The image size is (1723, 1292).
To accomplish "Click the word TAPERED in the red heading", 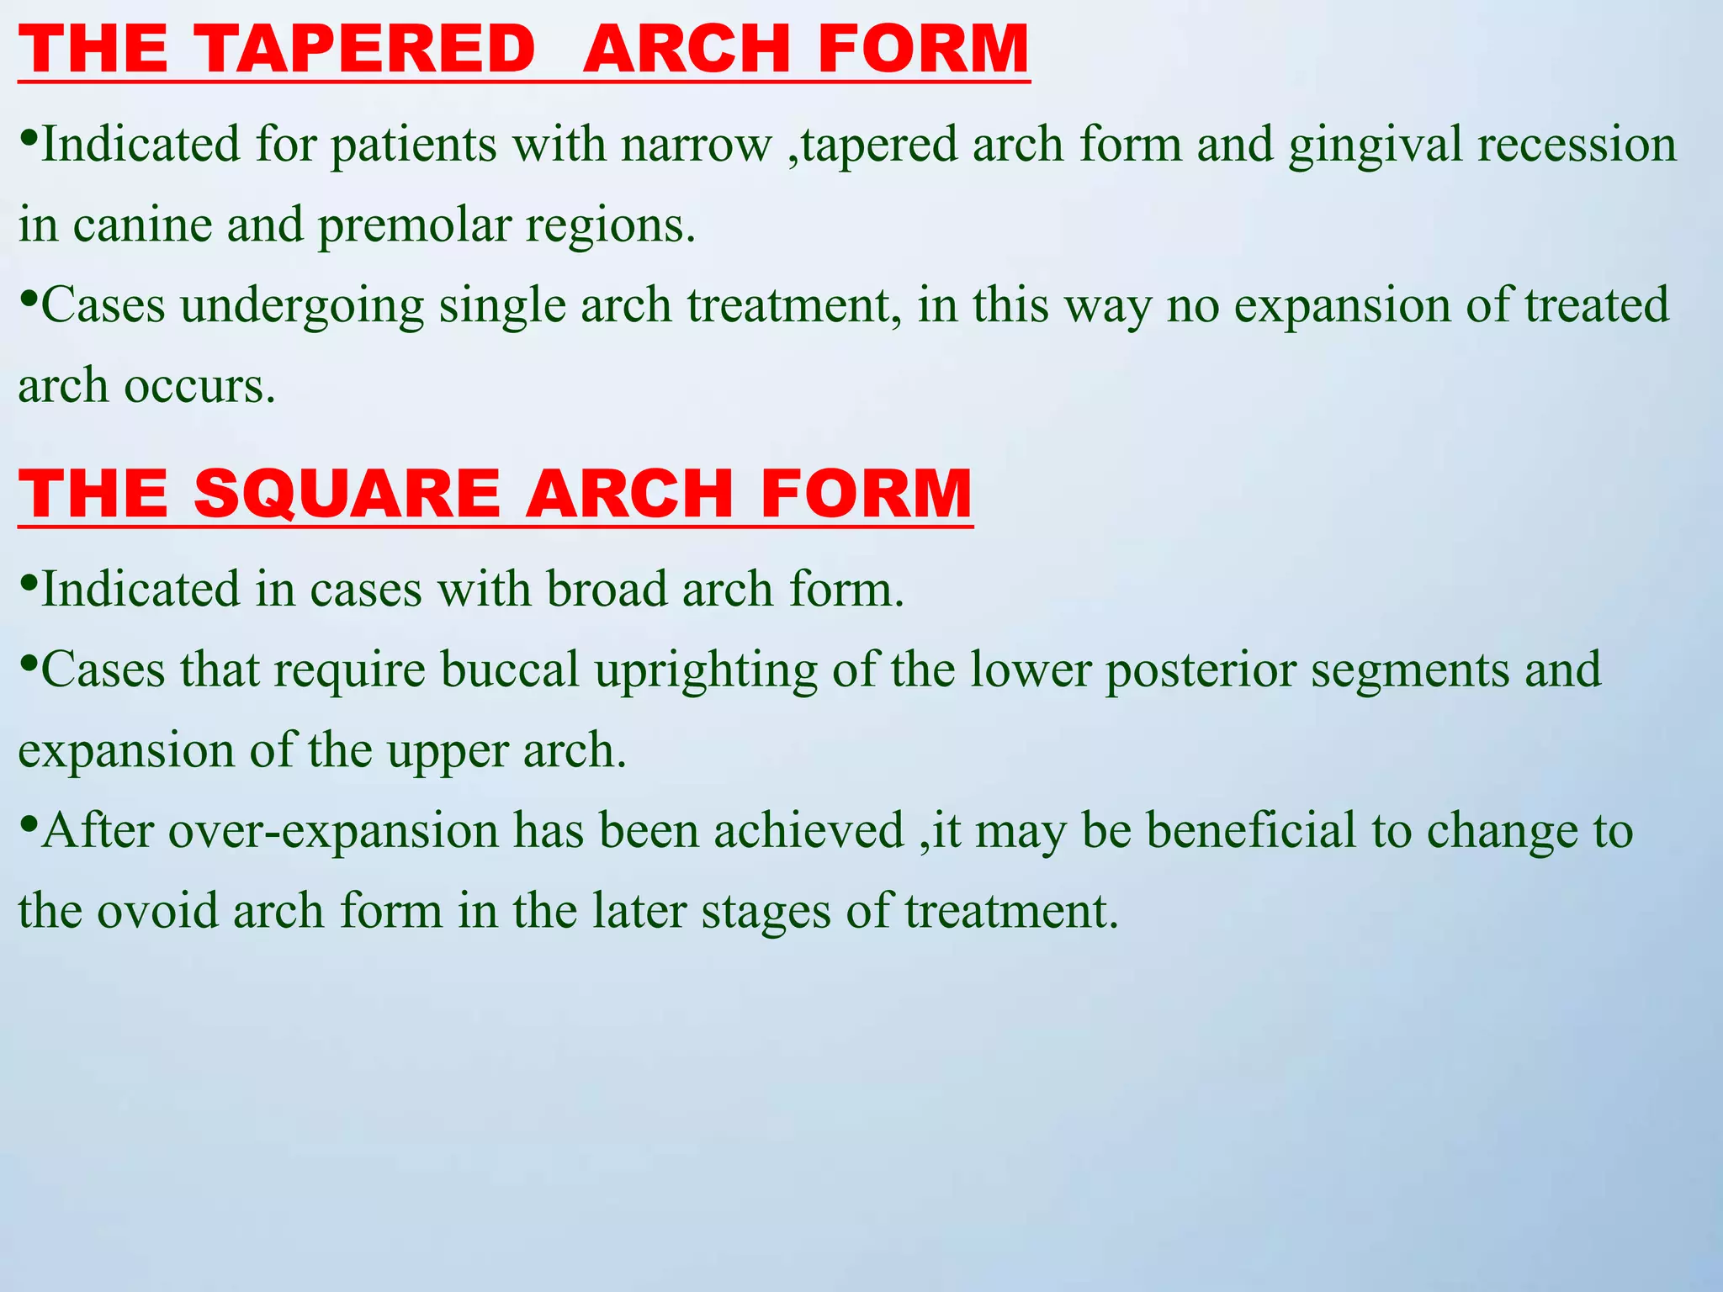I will tap(366, 49).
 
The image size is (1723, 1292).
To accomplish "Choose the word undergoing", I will tap(301, 306).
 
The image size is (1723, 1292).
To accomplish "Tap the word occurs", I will tap(200, 387).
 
